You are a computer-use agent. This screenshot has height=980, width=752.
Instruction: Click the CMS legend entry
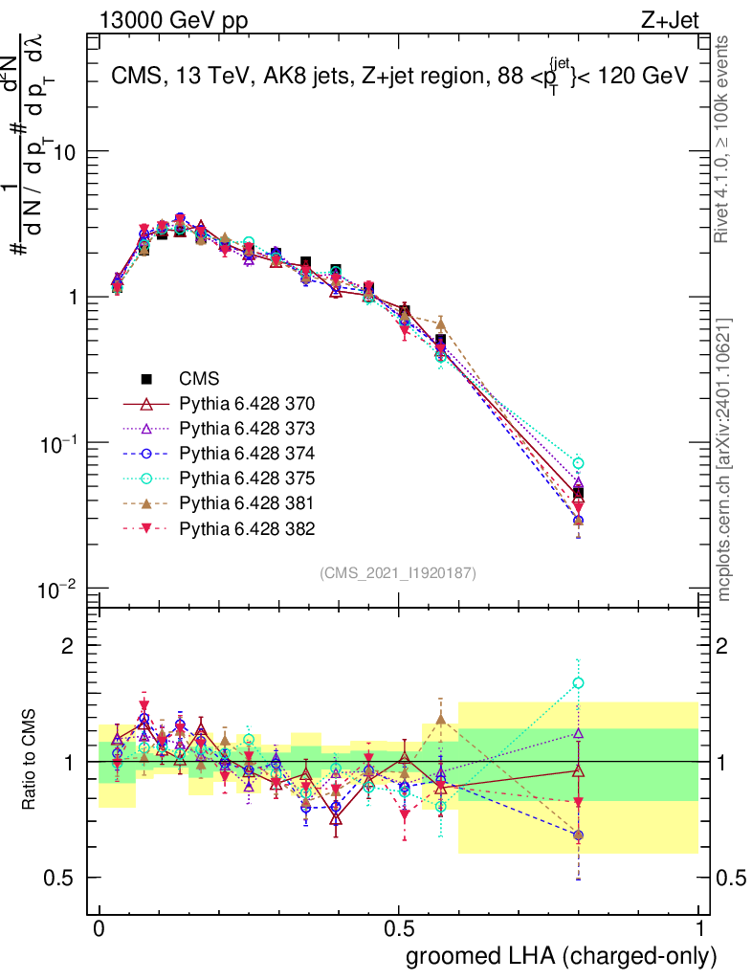199,378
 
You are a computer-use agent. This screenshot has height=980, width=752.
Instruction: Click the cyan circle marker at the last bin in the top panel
578,463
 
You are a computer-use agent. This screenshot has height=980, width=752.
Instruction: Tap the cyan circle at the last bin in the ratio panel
578,683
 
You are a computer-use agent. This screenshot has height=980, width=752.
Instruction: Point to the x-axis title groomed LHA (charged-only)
562,955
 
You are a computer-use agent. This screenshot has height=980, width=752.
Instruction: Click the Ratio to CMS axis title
31,762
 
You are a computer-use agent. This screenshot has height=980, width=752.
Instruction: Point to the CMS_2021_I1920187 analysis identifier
398,572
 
